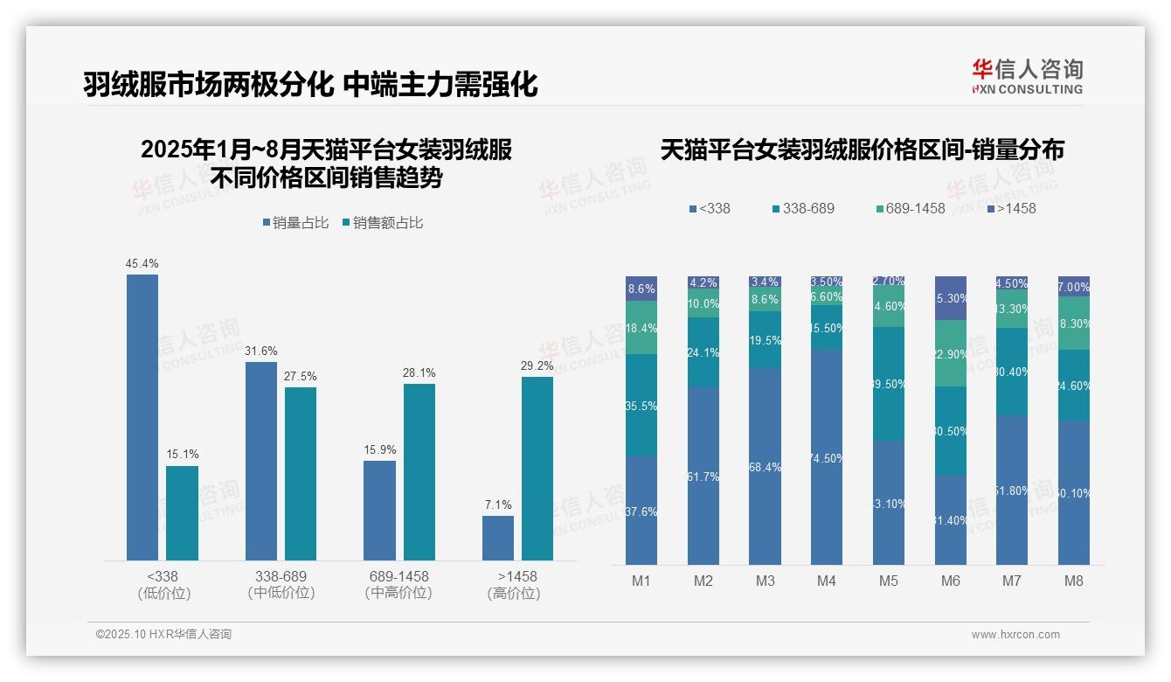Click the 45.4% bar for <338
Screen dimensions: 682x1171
[x=142, y=417]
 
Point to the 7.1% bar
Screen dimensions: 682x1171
[x=498, y=538]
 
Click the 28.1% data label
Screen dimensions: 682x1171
[x=419, y=373]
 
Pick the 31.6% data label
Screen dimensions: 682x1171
[x=261, y=351]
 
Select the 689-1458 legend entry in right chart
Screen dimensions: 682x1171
[x=910, y=209]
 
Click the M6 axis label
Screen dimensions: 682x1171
[x=951, y=581]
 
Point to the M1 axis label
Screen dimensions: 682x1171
[x=641, y=581]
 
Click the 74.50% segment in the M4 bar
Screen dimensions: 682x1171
[x=827, y=457]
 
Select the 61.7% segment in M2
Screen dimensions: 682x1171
[x=703, y=476]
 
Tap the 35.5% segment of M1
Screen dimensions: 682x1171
[x=641, y=405]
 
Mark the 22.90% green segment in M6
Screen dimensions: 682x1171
[x=951, y=353]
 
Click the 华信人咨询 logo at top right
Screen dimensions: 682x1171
[x=1027, y=76]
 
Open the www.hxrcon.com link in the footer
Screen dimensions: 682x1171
[x=1015, y=635]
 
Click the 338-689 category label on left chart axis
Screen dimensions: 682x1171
[x=281, y=584]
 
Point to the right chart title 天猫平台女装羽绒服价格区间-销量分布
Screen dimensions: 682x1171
[x=862, y=150]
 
